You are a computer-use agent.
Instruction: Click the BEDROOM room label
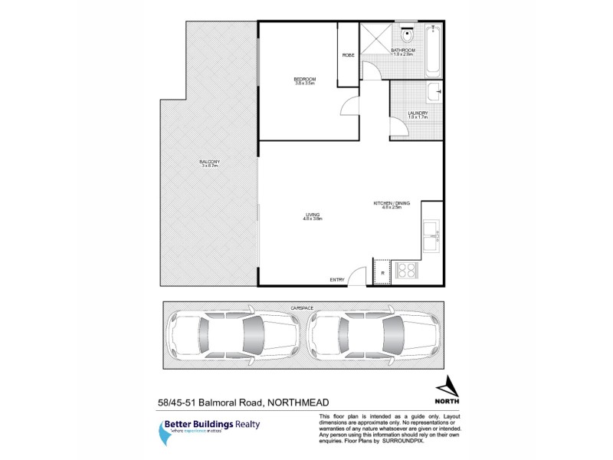(x=304, y=79)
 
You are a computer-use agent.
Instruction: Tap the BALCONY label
(x=210, y=161)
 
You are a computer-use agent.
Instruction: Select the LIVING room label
(x=312, y=215)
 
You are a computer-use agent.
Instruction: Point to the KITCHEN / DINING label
(x=392, y=202)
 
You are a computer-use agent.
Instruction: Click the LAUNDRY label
(x=418, y=113)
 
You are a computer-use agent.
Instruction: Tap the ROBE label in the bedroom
(x=348, y=54)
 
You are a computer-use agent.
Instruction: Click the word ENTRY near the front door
(x=337, y=279)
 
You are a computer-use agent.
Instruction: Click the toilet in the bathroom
(x=408, y=35)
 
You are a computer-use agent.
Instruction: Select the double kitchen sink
(x=430, y=235)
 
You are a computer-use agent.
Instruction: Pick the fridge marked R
(x=382, y=272)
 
